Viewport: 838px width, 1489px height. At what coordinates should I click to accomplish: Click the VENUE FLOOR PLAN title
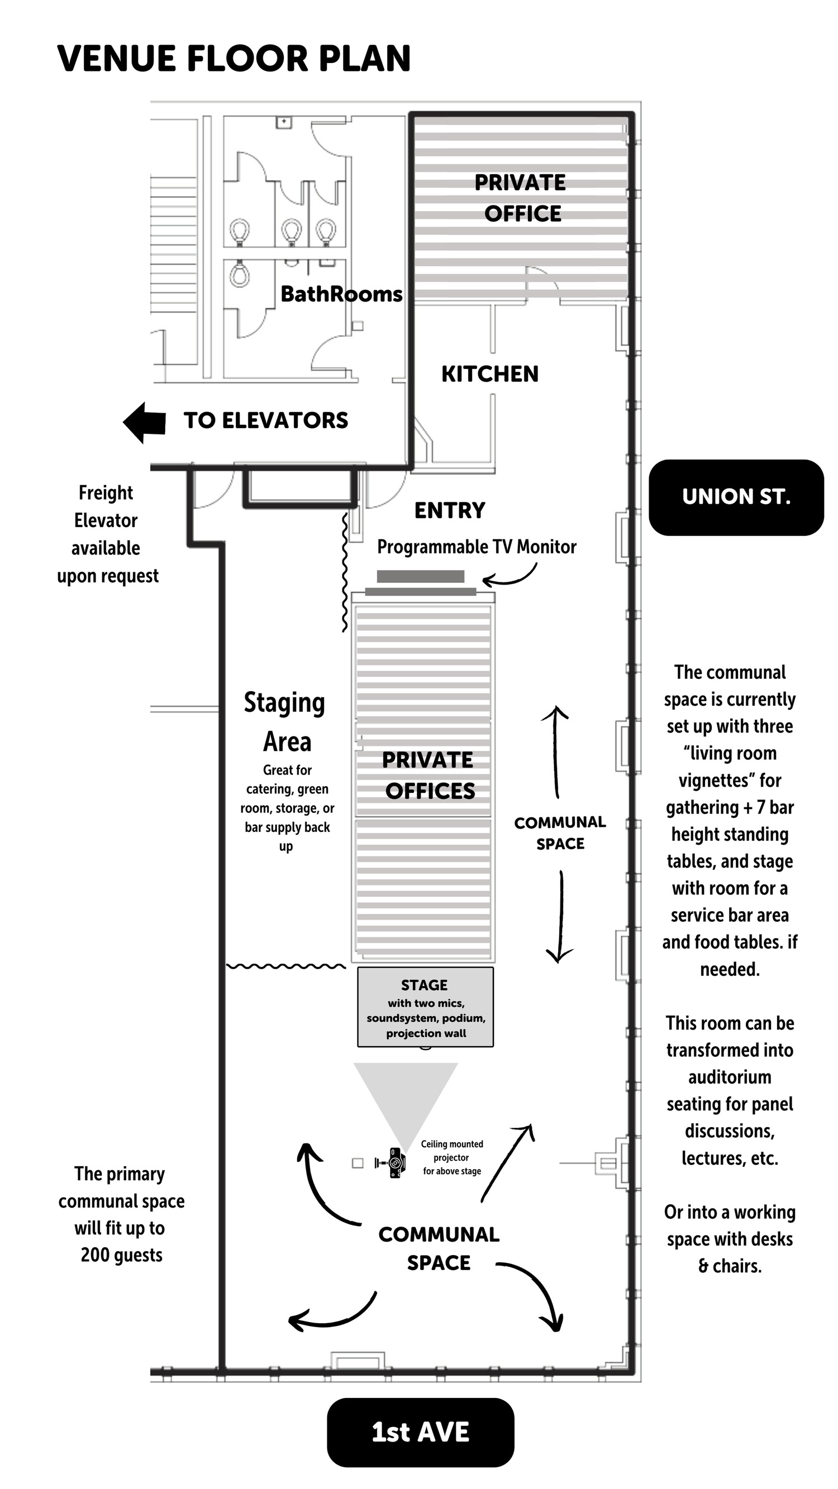(234, 59)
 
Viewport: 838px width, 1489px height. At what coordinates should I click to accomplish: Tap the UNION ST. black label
(736, 497)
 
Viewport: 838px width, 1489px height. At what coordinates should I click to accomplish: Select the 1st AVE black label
(421, 1433)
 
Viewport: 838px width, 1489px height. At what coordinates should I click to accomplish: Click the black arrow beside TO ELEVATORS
(145, 423)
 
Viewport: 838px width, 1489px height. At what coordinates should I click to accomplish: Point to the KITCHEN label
(490, 374)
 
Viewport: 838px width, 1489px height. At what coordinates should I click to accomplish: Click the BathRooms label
(341, 294)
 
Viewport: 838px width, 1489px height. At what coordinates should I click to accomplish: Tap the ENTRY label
(450, 510)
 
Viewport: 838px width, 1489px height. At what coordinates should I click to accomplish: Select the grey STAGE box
(425, 1007)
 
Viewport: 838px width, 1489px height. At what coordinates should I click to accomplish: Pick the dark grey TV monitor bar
(421, 576)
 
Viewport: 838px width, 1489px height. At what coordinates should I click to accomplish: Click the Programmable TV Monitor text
(477, 547)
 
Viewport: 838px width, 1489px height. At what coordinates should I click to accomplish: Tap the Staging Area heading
(285, 722)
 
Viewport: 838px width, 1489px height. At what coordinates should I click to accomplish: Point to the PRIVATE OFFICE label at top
(521, 198)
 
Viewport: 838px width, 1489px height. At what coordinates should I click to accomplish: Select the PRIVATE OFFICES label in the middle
(428, 775)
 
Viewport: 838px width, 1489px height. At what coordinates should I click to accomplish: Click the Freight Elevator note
(108, 534)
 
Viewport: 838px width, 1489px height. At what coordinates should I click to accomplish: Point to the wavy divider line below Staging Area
(285, 966)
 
